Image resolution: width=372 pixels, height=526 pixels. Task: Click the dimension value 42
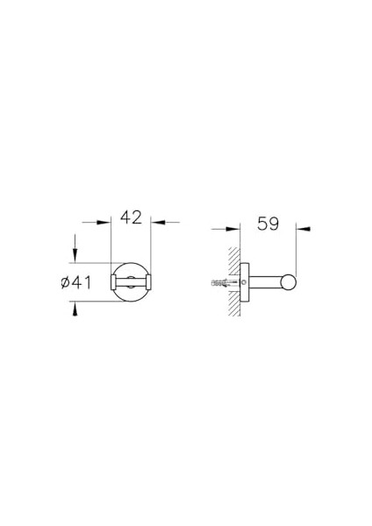click(132, 217)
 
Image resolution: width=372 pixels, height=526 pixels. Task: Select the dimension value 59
click(268, 224)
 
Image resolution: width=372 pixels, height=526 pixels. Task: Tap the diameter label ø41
click(75, 282)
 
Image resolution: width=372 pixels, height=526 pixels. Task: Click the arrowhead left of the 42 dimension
click(104, 222)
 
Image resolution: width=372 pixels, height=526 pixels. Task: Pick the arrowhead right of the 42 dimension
click(158, 222)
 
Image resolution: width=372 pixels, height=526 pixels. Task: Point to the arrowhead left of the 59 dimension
click(233, 229)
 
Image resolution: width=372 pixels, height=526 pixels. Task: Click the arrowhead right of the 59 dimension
click(303, 229)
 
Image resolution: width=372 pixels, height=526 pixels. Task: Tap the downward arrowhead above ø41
click(75, 255)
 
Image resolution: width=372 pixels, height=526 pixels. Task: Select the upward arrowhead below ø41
click(75, 309)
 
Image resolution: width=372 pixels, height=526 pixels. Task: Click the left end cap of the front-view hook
click(113, 282)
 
